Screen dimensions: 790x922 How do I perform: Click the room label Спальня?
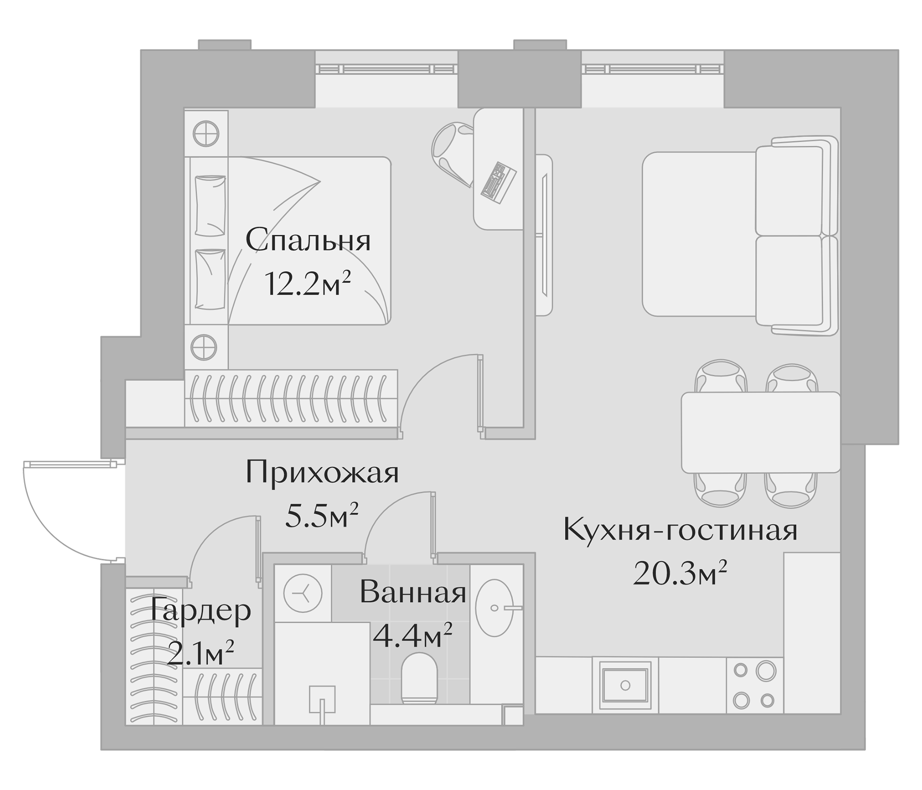[x=308, y=241]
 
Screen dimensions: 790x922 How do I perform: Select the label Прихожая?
[x=322, y=472]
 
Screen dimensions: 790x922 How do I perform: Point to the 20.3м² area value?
[x=680, y=574]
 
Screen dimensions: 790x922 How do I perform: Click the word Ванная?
[x=413, y=593]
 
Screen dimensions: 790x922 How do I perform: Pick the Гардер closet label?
[x=201, y=611]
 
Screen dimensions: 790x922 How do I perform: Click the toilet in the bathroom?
[x=419, y=679]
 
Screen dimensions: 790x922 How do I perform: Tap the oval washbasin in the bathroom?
[x=494, y=607]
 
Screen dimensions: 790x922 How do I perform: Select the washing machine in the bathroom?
[x=303, y=593]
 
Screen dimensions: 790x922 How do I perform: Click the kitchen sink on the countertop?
[x=625, y=686]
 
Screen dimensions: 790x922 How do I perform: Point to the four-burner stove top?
[x=755, y=686]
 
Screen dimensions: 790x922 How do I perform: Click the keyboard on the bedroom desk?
[x=498, y=183]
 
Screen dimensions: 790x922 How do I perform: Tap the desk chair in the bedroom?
[x=452, y=151]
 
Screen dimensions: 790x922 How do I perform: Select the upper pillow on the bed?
[x=210, y=205]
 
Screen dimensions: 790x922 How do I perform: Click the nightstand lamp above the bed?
[x=206, y=133]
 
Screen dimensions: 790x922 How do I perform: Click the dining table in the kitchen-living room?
[x=760, y=432]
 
